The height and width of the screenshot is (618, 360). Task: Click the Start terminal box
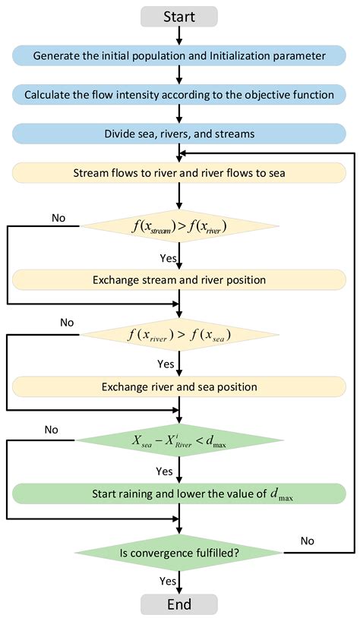tap(179, 16)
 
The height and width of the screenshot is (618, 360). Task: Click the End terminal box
tap(179, 604)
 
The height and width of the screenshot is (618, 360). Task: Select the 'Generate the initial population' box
tap(179, 55)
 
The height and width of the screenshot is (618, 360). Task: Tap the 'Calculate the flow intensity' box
tap(179, 95)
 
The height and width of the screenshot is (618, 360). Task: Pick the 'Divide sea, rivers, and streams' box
tap(179, 134)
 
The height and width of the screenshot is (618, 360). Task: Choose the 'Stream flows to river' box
tap(179, 173)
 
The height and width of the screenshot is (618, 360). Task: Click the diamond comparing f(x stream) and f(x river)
tap(179, 225)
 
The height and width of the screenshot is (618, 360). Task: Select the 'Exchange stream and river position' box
tap(179, 280)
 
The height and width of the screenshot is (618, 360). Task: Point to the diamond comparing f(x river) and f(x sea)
tap(179, 334)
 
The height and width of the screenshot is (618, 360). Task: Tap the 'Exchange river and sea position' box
tap(179, 387)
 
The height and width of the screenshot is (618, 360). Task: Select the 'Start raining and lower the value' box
tap(179, 495)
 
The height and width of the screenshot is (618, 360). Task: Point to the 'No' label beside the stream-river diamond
tap(58, 219)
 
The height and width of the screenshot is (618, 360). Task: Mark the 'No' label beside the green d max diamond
tap(51, 430)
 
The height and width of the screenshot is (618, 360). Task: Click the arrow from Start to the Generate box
tap(179, 36)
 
